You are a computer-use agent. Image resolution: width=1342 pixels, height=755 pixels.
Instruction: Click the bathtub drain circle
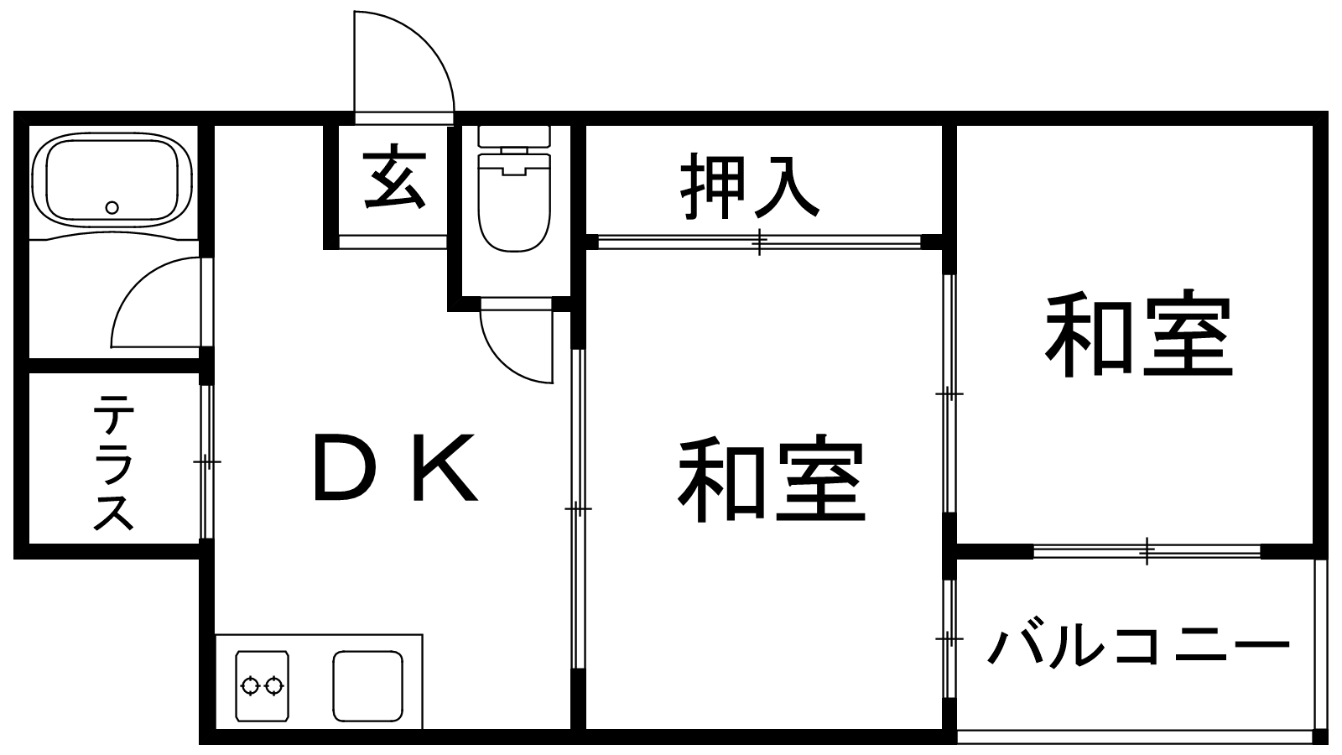tap(112, 208)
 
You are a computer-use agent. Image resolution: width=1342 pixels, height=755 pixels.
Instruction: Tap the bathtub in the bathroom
tap(112, 180)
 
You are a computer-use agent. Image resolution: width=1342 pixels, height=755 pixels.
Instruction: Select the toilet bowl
tap(514, 202)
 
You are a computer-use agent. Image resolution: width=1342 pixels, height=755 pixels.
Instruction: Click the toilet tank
tap(514, 136)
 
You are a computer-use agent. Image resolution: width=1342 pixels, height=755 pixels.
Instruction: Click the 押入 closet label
tap(750, 185)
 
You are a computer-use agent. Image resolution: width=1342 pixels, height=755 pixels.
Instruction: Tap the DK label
tap(396, 466)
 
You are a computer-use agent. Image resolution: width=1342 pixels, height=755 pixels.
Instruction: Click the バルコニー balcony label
tap(1137, 645)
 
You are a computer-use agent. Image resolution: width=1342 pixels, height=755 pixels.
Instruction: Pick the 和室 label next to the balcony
tap(1137, 335)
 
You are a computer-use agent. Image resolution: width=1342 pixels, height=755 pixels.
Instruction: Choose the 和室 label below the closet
tap(772, 477)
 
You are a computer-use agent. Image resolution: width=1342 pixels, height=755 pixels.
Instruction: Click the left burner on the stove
tap(251, 685)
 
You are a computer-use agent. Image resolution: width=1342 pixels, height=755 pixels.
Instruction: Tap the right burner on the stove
tap(273, 685)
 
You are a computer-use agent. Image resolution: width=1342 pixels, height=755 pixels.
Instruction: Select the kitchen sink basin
tap(368, 686)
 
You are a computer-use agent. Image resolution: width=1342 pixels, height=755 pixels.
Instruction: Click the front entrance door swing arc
tap(404, 62)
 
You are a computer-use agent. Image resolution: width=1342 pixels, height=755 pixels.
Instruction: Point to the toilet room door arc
tap(517, 346)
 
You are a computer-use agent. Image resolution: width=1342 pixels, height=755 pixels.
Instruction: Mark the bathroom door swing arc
tap(156, 303)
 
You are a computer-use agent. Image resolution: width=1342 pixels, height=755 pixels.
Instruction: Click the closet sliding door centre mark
tap(759, 242)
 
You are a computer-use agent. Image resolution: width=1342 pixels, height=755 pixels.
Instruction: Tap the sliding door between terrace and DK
tap(206, 461)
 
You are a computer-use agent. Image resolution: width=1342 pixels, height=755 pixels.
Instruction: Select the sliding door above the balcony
tap(1147, 551)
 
